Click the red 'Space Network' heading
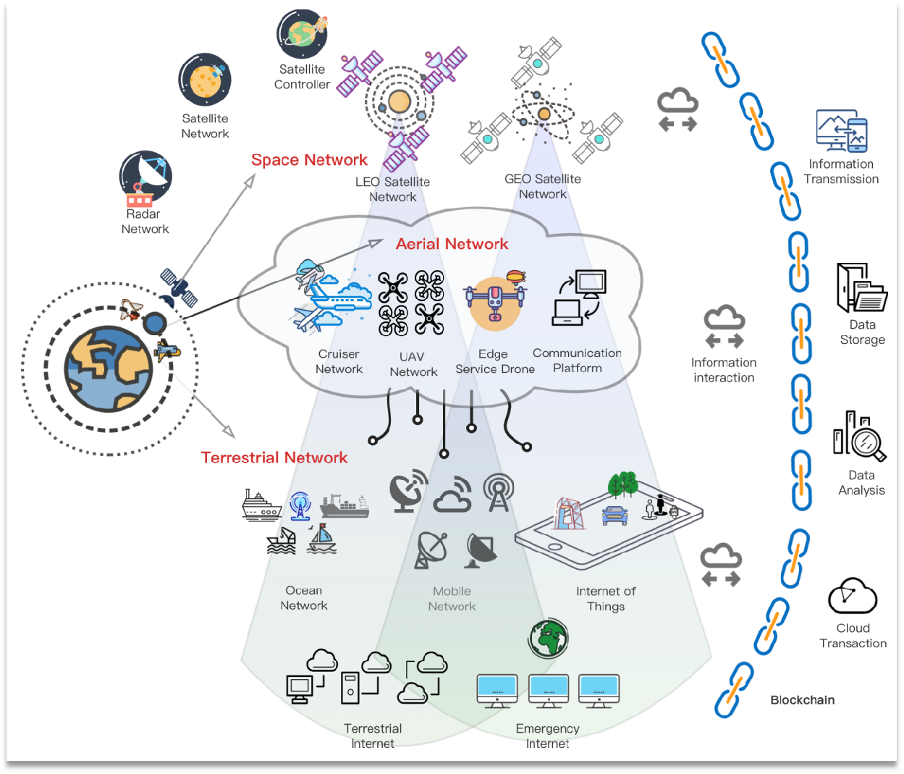309,160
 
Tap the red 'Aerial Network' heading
452,244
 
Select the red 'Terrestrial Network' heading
274,458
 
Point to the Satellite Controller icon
303,34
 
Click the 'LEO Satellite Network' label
392,189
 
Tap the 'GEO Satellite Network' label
543,186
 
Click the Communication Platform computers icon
579,298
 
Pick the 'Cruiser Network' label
339,361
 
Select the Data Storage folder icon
861,287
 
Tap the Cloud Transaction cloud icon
853,596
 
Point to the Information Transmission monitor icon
842,131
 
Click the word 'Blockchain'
802,700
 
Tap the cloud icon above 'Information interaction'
725,327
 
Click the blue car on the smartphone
614,515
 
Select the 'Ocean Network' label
304,598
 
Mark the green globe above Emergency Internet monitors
549,639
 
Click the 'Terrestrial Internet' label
373,736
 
